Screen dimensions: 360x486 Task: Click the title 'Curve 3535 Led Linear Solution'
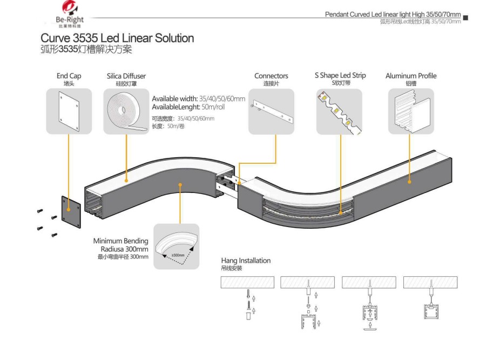coord(117,38)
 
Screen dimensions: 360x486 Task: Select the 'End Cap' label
coord(69,76)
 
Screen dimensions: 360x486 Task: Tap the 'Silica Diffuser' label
coord(126,76)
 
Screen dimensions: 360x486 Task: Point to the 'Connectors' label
coord(271,76)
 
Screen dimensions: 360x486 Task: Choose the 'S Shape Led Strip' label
coord(340,76)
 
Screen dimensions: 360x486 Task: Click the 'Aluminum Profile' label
coord(411,76)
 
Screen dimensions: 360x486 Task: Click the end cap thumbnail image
coord(69,111)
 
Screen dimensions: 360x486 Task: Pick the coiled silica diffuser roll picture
coord(126,111)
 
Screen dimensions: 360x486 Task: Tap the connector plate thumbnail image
coord(271,111)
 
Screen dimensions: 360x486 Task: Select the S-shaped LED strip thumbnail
coord(339,111)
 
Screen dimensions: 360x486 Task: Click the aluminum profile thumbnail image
coord(411,111)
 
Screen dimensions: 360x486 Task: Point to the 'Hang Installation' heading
coord(246,261)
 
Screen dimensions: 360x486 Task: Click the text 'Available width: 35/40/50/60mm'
coord(198,99)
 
